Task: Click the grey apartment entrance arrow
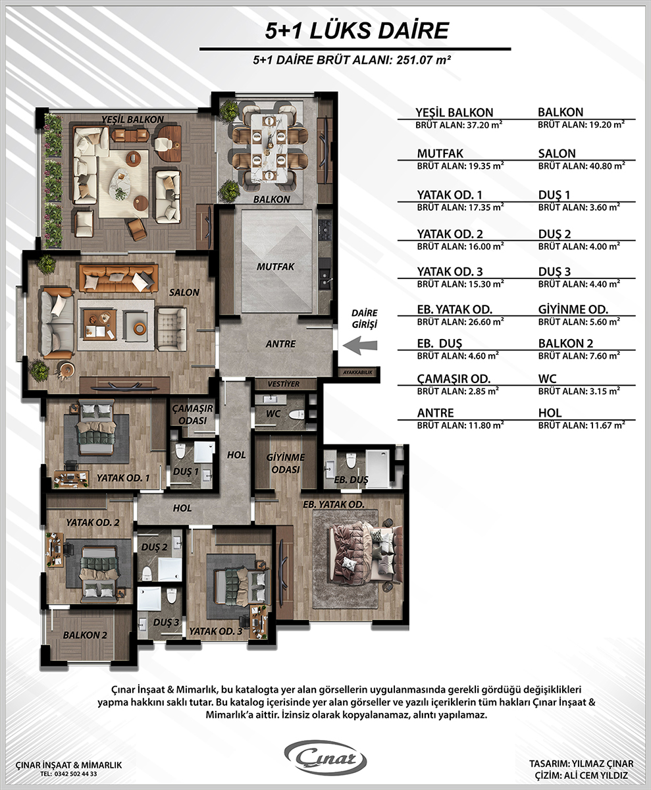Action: click(x=360, y=346)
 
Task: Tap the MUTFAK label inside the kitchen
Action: click(x=275, y=267)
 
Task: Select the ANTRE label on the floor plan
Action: click(x=280, y=344)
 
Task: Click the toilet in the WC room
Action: click(x=297, y=415)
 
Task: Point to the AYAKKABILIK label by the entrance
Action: click(x=358, y=373)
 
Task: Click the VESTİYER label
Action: click(x=283, y=384)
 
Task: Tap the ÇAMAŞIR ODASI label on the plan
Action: click(x=193, y=414)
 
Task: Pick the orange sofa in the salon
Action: click(x=118, y=278)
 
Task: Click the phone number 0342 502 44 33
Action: click(x=76, y=774)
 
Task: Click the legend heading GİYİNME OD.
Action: click(x=573, y=309)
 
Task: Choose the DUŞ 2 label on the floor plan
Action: click(x=154, y=547)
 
